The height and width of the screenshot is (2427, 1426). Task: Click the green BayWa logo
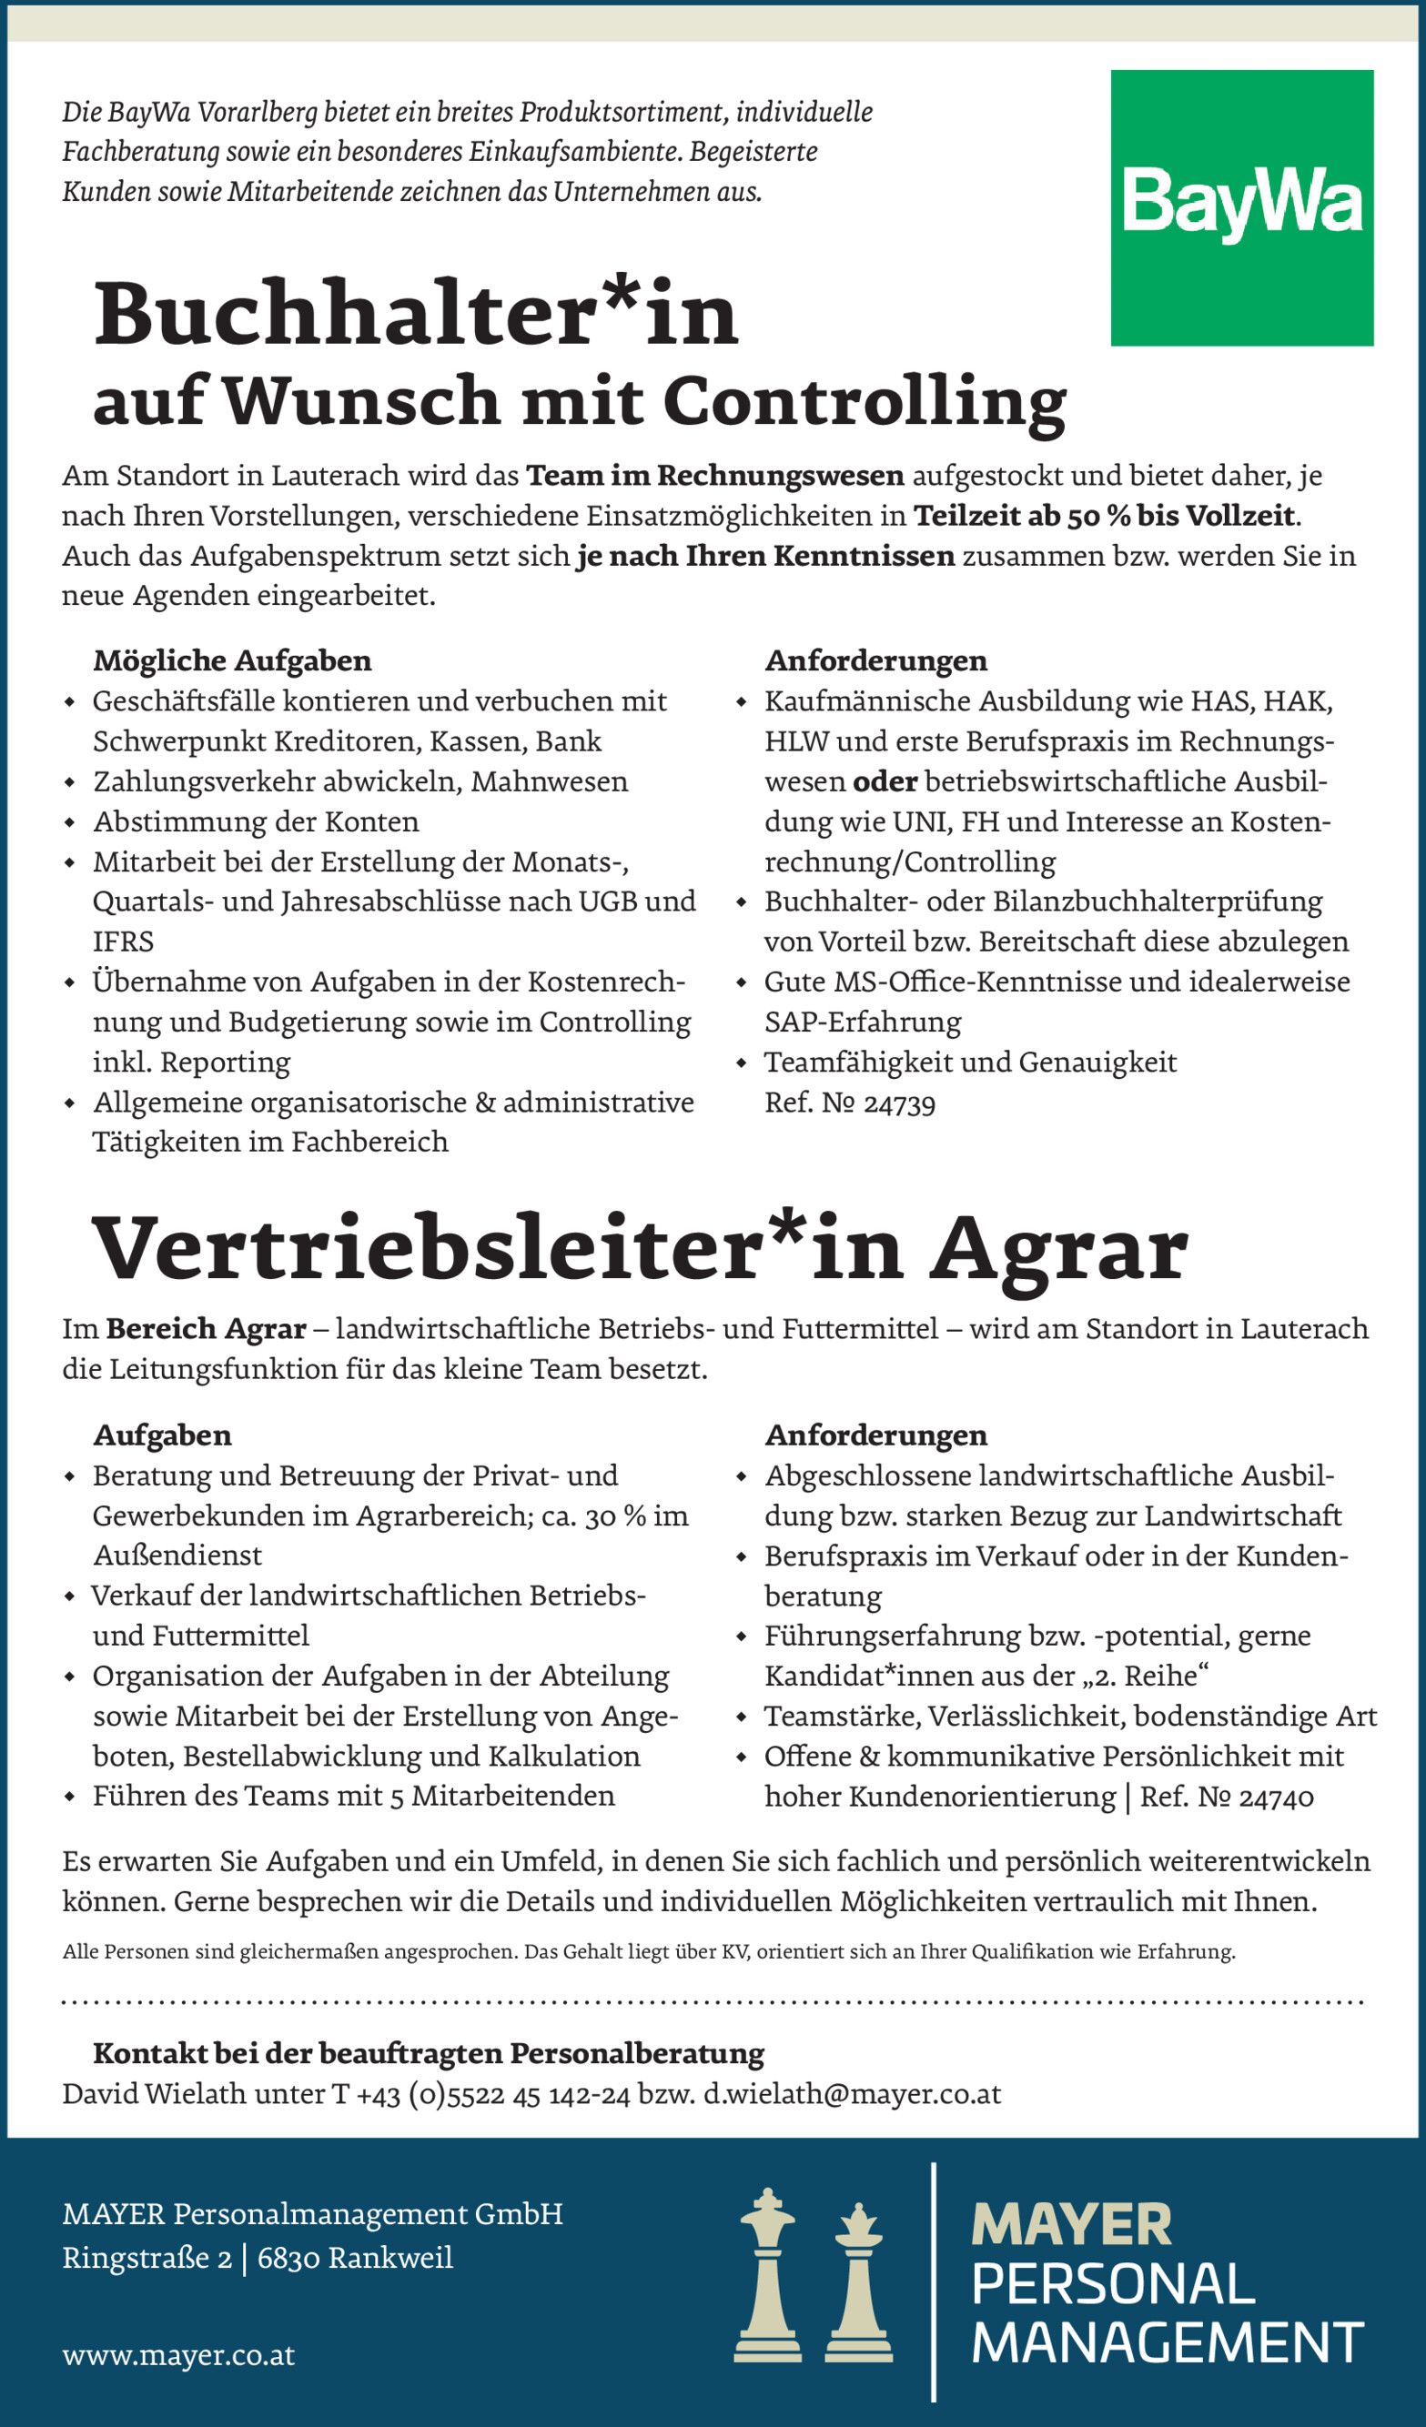(x=1241, y=207)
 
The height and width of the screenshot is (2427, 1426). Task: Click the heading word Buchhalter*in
(x=415, y=314)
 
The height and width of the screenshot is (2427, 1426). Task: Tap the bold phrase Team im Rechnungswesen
(x=715, y=476)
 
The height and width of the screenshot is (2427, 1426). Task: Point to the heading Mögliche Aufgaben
(x=232, y=660)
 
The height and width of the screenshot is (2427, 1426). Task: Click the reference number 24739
(x=899, y=1103)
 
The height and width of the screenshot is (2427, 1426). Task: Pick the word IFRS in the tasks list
(x=124, y=942)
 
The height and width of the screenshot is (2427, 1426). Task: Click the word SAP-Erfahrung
(x=863, y=1022)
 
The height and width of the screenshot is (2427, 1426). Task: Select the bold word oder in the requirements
(x=885, y=781)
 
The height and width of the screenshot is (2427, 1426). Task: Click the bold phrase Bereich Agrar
(x=207, y=1329)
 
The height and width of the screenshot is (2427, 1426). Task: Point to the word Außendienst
(x=177, y=1556)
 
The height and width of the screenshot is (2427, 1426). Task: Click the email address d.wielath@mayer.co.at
(x=852, y=2094)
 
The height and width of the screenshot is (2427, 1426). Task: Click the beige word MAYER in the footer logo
(x=1071, y=2225)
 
